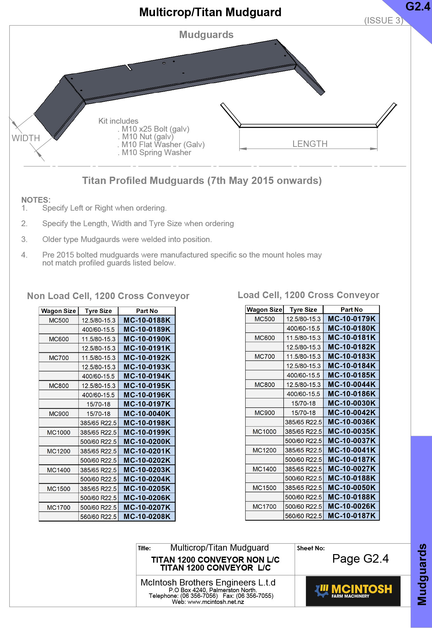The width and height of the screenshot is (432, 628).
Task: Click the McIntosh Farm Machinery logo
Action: [x=353, y=591]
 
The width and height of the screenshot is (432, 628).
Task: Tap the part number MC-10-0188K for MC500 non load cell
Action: [x=147, y=320]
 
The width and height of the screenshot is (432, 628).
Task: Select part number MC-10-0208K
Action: [x=147, y=516]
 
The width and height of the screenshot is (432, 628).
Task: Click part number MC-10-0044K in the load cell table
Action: [x=351, y=384]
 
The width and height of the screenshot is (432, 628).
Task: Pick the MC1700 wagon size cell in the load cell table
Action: [x=264, y=507]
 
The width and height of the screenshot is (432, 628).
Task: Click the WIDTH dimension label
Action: [x=26, y=138]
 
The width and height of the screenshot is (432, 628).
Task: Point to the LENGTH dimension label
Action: [x=310, y=144]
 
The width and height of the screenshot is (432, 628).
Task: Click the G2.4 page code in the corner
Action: [x=417, y=7]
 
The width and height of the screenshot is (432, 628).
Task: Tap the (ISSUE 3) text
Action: [x=383, y=21]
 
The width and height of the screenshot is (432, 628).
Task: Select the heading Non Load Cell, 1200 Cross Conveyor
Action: [x=108, y=296]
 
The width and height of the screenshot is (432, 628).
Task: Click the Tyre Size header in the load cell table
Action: [x=303, y=310]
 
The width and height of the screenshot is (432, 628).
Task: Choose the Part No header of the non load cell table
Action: [x=147, y=311]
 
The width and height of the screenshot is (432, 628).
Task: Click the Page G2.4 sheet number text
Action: [x=360, y=559]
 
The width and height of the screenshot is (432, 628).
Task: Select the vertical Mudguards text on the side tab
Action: [x=422, y=574]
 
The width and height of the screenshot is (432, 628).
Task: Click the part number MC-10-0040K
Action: [x=147, y=413]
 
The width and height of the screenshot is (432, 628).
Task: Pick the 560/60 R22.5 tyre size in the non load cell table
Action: [x=98, y=516]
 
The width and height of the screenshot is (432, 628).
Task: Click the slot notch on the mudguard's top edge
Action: [x=129, y=67]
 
